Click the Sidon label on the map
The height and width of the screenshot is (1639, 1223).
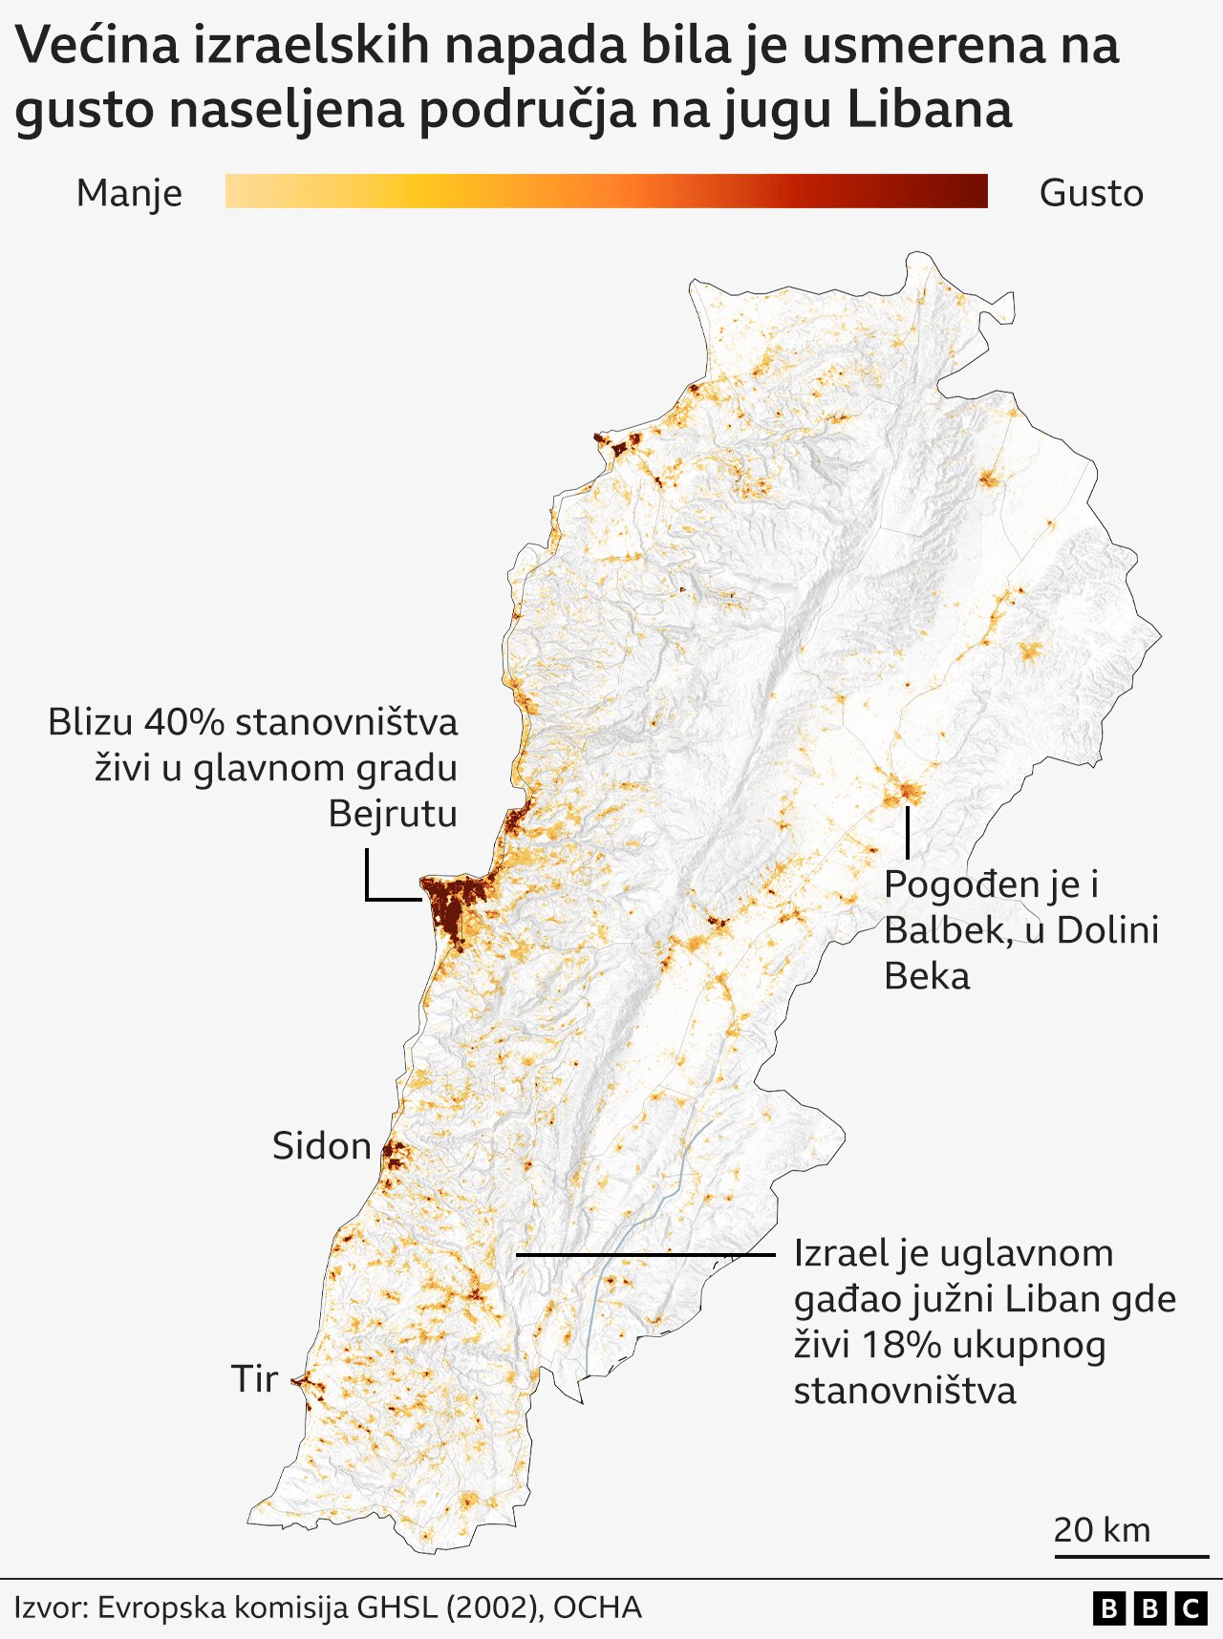coord(321,1146)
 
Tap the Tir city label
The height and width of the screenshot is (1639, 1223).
coord(254,1379)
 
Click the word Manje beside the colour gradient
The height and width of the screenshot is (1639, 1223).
coord(129,193)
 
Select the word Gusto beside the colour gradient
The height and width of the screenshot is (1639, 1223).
coord(1091,193)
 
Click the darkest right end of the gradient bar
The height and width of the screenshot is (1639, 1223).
coord(975,191)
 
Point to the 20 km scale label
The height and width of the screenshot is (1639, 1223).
coord(1102,1529)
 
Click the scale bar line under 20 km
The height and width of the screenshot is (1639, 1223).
coord(1131,1557)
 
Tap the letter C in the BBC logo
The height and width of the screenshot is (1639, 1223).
coord(1191,1609)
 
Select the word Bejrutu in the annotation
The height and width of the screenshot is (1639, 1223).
coord(393,814)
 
